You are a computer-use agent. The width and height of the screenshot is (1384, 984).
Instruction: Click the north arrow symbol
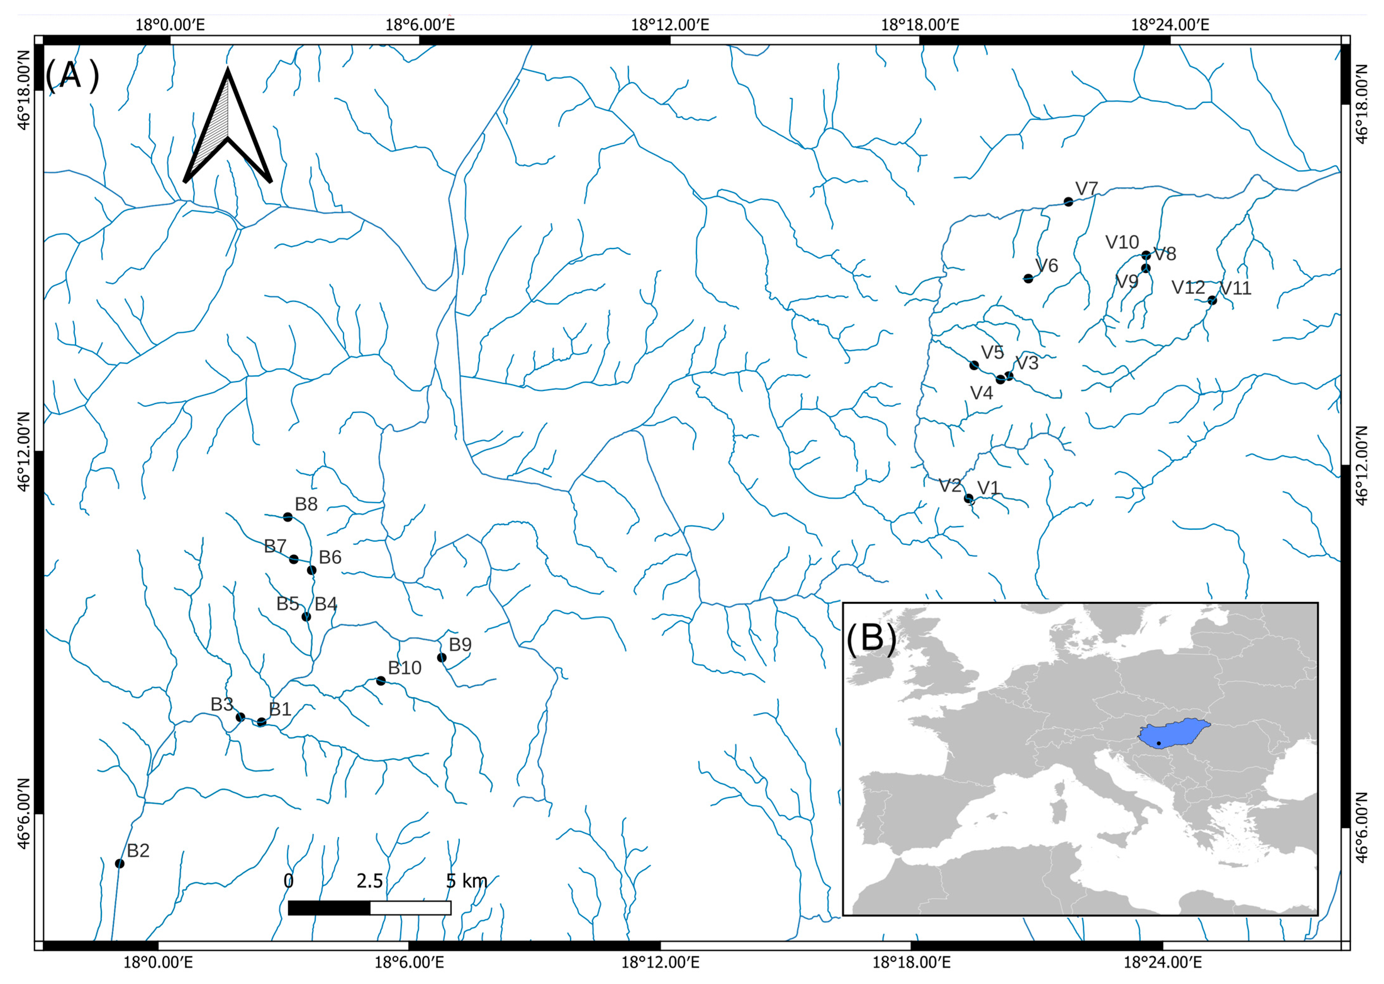(x=228, y=127)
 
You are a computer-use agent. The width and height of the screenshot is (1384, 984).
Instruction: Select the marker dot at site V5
(x=974, y=365)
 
